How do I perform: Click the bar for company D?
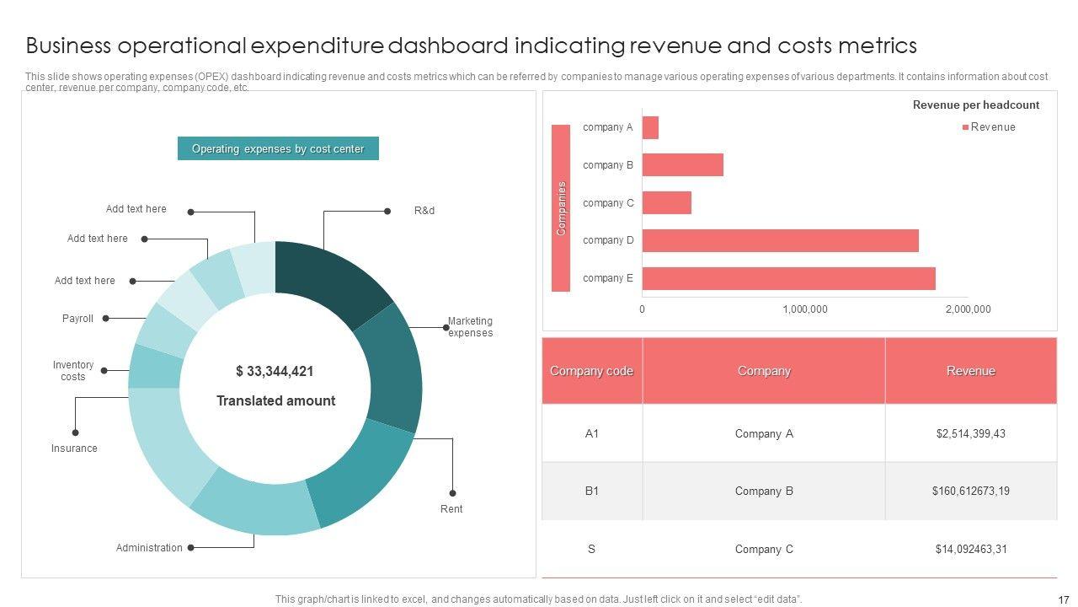[780, 240]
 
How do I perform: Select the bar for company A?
[650, 127]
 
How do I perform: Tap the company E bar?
[788, 278]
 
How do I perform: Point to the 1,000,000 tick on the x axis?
[805, 309]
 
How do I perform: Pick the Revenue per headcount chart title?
[976, 105]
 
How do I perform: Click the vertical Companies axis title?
[561, 207]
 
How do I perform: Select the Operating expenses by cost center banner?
[278, 148]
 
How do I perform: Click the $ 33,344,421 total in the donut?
[275, 371]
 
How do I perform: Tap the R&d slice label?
[424, 211]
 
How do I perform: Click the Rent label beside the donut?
[451, 509]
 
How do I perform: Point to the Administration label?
[149, 548]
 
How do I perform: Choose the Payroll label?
[77, 319]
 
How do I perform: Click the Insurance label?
[74, 449]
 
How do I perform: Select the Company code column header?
[591, 371]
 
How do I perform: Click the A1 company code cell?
[592, 433]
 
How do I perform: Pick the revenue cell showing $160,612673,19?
[970, 491]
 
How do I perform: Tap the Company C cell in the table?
[764, 550]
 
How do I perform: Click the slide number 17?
[1064, 600]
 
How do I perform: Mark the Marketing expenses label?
[470, 327]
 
